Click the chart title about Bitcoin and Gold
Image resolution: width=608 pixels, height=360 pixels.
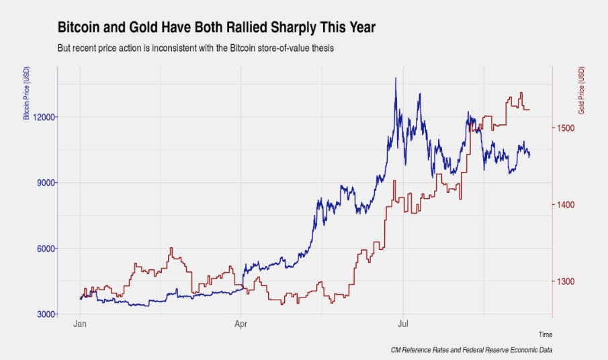pyautogui.click(x=216, y=28)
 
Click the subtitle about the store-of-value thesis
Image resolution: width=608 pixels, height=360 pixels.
pyautogui.click(x=196, y=48)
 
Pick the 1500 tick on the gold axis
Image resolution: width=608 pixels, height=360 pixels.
pyautogui.click(x=566, y=128)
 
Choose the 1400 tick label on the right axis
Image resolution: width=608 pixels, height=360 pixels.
pyautogui.click(x=566, y=205)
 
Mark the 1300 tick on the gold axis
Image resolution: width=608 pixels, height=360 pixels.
pyautogui.click(x=566, y=281)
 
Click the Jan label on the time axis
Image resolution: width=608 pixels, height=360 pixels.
pyautogui.click(x=80, y=324)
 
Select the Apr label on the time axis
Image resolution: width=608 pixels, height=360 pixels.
pyautogui.click(x=241, y=324)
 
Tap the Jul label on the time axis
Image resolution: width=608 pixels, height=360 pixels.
pyautogui.click(x=403, y=324)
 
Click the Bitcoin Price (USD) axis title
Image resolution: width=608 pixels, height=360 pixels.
pyautogui.click(x=26, y=93)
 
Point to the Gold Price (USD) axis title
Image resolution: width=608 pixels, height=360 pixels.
pyautogui.click(x=581, y=90)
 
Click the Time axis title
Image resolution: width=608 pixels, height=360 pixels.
pyautogui.click(x=545, y=334)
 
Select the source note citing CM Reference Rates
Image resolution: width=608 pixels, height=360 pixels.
pyautogui.click(x=472, y=350)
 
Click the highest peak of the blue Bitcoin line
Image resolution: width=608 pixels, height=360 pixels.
pyautogui.click(x=396, y=78)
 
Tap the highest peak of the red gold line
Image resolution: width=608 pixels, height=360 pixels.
pyautogui.click(x=521, y=93)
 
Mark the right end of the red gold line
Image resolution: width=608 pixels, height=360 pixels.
pyautogui.click(x=529, y=109)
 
